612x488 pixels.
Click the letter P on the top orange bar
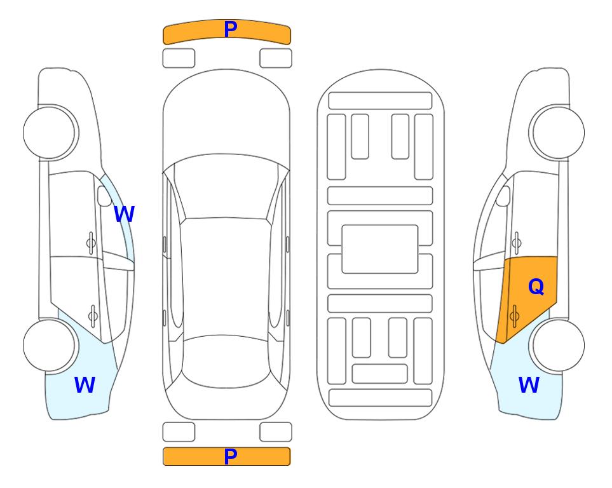231,29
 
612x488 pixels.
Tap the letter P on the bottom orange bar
231,456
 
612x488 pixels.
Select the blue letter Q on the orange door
536,287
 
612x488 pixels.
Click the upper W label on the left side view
124,213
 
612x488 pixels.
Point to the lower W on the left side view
85,384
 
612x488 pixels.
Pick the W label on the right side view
529,384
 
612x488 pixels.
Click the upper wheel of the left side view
50,133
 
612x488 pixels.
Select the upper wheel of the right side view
557,133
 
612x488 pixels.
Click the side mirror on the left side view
104,196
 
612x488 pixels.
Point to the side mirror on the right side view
503,196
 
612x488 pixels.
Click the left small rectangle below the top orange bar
179,58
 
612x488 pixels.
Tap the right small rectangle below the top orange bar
276,58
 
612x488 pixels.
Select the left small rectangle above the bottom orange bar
179,432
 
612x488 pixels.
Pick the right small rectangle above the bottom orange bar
276,432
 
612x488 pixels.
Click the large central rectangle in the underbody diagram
380,249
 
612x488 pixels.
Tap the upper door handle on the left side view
91,243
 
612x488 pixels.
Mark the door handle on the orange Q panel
514,316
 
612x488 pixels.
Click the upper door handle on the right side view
517,243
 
